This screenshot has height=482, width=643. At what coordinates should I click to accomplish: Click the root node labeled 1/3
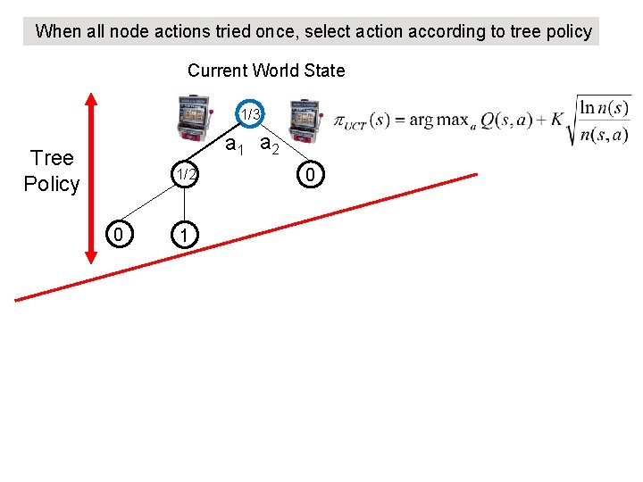coord(251,114)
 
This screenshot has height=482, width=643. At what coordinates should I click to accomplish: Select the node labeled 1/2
coord(185,174)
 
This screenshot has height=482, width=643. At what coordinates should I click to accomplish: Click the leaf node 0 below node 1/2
coord(117,235)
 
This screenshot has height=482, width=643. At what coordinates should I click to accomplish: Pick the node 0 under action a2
coord(309,175)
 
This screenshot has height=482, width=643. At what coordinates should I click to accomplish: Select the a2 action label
coord(270,145)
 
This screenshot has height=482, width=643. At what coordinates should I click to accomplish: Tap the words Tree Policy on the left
coord(52,171)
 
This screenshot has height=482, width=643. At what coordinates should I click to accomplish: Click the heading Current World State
coord(265,71)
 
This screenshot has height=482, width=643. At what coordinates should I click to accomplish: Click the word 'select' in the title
coord(330,32)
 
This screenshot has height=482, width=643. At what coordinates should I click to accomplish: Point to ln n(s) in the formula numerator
coord(602,106)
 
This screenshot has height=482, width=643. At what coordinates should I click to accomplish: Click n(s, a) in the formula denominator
coord(604,136)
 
